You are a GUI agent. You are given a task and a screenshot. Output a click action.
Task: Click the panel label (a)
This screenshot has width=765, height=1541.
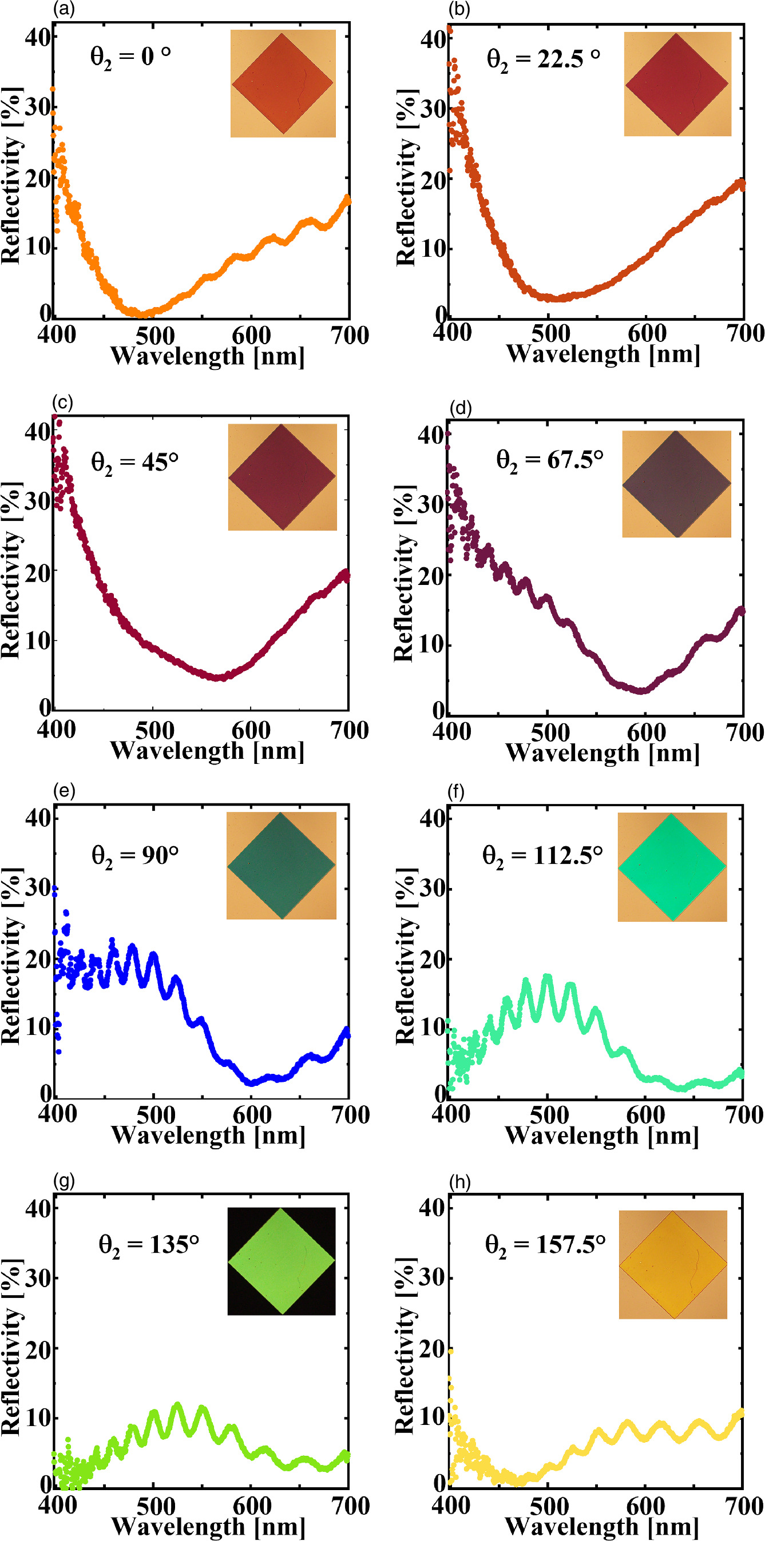coord(64,9)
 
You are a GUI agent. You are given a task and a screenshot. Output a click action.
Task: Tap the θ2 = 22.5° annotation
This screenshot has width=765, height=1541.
coord(543,59)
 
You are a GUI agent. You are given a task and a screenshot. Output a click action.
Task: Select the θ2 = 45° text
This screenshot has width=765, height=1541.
coord(134,463)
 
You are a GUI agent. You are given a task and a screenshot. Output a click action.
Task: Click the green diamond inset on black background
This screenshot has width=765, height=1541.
coord(282,1260)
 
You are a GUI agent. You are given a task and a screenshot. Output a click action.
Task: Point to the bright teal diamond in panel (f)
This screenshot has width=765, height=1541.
coord(672,867)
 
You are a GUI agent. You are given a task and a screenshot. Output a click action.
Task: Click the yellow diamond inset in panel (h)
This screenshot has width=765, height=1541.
coord(673,1265)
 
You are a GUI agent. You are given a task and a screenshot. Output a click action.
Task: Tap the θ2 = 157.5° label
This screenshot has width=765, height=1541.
coord(545,1245)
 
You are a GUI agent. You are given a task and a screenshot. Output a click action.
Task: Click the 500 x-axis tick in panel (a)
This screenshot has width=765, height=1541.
coord(154,336)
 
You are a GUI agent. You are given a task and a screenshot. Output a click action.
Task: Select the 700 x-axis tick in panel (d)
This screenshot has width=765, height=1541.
coord(744,732)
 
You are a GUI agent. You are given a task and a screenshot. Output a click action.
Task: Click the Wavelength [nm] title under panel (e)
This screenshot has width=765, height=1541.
coord(208,1135)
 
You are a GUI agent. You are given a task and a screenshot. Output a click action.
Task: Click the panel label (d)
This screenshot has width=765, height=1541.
coord(461,408)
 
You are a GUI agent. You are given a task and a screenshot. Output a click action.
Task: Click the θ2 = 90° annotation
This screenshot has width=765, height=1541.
coord(134,856)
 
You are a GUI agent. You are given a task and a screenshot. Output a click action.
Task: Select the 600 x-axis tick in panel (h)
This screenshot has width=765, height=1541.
coord(646,1506)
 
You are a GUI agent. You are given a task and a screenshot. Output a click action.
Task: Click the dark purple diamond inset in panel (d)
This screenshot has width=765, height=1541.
coord(676,483)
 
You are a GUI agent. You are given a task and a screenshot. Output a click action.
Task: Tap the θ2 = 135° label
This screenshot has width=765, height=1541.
coord(148,1245)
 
